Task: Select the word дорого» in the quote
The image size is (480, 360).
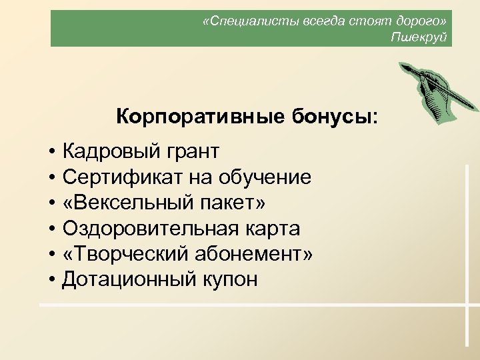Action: [422, 21]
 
